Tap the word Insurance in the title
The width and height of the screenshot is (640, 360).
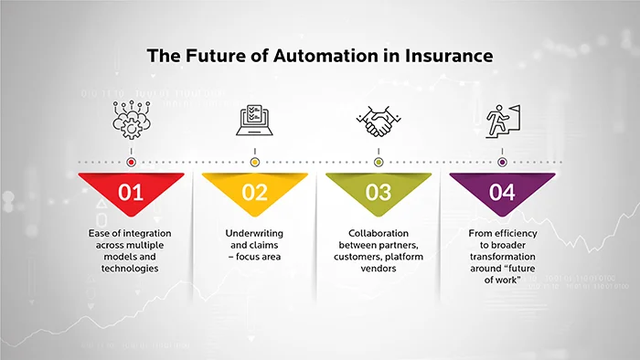pyautogui.click(x=444, y=56)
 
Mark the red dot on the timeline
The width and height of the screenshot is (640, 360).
pyautogui.click(x=131, y=162)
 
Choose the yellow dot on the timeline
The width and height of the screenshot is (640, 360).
pyautogui.click(x=255, y=162)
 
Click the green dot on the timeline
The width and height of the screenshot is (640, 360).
pyautogui.click(x=379, y=162)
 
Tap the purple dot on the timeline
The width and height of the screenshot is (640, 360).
pyautogui.click(x=502, y=162)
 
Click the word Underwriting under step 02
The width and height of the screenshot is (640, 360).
pyautogui.click(x=255, y=234)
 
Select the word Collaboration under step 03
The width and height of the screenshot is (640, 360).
pyautogui.click(x=379, y=234)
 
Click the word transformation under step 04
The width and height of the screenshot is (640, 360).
pyautogui.click(x=502, y=259)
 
